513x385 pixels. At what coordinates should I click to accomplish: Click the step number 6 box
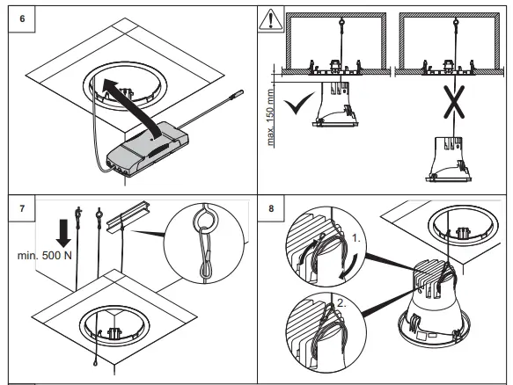(22, 18)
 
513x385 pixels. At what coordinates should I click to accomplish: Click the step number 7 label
(22, 208)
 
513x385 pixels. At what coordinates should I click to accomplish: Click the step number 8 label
(271, 208)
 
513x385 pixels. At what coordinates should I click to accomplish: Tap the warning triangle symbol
(270, 19)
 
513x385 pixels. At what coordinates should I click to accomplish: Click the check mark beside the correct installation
(297, 103)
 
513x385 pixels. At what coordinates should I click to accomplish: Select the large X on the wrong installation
(454, 102)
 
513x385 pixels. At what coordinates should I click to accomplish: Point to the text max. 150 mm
(270, 117)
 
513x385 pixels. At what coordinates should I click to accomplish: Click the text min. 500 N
(45, 255)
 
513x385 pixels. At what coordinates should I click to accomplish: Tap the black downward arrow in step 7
(63, 233)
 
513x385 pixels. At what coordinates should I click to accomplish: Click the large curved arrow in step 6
(131, 105)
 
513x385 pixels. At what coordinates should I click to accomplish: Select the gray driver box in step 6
(148, 149)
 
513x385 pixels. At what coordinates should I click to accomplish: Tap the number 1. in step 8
(356, 238)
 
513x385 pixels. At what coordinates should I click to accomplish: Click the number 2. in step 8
(341, 303)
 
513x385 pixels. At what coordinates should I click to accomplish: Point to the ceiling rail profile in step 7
(128, 216)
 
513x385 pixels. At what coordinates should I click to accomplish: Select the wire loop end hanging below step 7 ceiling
(95, 363)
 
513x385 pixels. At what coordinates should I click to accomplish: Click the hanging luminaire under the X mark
(449, 159)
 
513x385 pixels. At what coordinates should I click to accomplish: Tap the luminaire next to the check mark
(335, 104)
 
